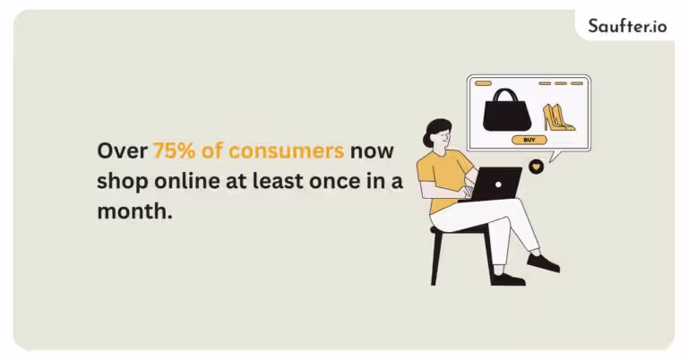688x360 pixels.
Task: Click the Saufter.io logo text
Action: pos(627,26)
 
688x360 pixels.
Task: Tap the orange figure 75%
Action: pos(174,150)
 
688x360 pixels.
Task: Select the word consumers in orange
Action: pos(286,150)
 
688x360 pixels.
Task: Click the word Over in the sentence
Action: pos(122,150)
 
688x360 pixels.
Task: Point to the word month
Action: pos(134,211)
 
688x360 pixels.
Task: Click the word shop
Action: pos(123,182)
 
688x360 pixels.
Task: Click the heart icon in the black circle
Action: pos(537,167)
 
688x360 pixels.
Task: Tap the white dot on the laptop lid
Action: pos(498,184)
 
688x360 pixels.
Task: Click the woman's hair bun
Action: pos(427,141)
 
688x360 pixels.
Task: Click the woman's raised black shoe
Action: pos(543,262)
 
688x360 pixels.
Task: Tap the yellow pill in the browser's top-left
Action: pos(483,83)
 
